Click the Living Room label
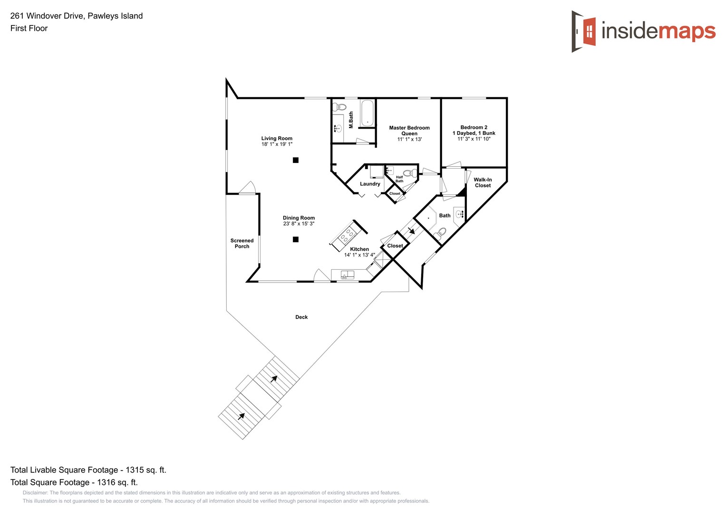(x=277, y=139)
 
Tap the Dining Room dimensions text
(x=299, y=224)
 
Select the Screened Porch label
(x=242, y=243)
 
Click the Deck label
(x=301, y=317)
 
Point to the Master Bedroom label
(x=409, y=128)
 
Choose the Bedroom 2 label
(x=474, y=127)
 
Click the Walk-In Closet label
(x=483, y=182)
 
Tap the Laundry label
(x=370, y=184)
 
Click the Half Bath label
(x=399, y=179)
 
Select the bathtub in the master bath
(x=368, y=113)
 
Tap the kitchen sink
(x=348, y=274)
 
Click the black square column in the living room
(x=295, y=160)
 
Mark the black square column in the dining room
(x=295, y=239)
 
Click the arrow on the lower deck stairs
(x=242, y=417)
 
